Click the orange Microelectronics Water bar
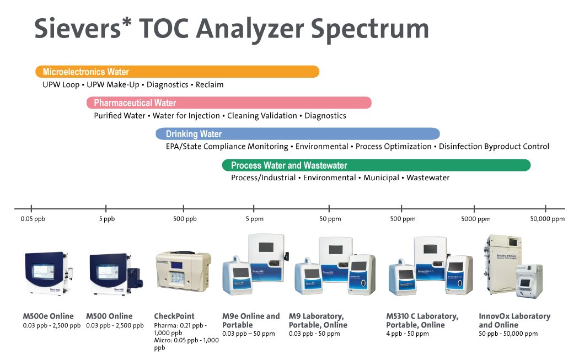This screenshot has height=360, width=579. pos(177,72)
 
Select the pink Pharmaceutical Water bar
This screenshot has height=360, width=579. pos(229,103)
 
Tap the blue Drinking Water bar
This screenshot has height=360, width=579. pos(298,134)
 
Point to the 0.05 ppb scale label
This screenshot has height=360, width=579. pos(33,219)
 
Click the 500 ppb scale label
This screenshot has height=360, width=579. pos(185,219)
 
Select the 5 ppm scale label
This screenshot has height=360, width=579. pos(254,219)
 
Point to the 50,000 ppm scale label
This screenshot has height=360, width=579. pos(548,219)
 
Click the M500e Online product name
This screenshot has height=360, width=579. pos(48,316)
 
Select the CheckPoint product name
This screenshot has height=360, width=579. pos(174,316)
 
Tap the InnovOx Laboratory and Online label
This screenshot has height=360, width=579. pos(514,320)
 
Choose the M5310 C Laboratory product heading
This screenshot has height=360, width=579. pos(422,316)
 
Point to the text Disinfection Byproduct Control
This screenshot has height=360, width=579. pos(494,147)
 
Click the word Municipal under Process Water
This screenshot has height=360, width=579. pos(381,178)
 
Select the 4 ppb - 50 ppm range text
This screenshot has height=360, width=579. pos(408,334)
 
